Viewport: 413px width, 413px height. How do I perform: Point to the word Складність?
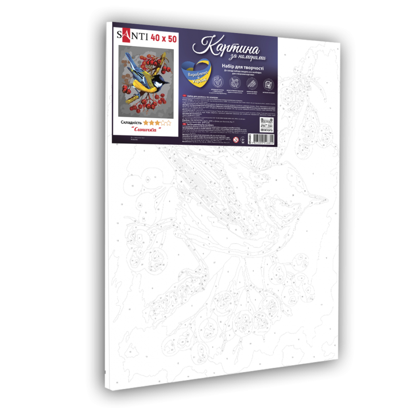pyautogui.click(x=131, y=121)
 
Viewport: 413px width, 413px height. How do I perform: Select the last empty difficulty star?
pyautogui.click(x=169, y=121)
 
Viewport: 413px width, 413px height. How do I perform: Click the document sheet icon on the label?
pyautogui.click(x=267, y=84)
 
